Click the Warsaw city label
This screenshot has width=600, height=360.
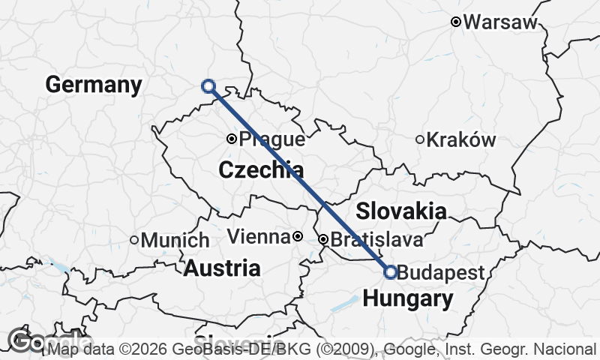500,22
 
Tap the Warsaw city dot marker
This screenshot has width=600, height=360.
455,22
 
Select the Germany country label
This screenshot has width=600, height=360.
93,85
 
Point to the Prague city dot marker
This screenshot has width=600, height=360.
232,139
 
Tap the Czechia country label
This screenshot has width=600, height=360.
261,170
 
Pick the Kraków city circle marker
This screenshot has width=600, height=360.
421,139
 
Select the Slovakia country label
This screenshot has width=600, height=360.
401,211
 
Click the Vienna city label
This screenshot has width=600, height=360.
258,238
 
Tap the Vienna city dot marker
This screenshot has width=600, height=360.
298,237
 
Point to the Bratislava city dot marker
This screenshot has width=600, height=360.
323,240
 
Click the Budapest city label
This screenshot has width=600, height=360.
441,273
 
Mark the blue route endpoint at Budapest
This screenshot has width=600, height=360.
390,272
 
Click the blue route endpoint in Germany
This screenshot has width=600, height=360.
208,87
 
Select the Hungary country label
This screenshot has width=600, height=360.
407,300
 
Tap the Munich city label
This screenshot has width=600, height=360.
175,241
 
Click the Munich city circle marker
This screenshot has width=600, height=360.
134,240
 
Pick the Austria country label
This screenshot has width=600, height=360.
223,268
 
